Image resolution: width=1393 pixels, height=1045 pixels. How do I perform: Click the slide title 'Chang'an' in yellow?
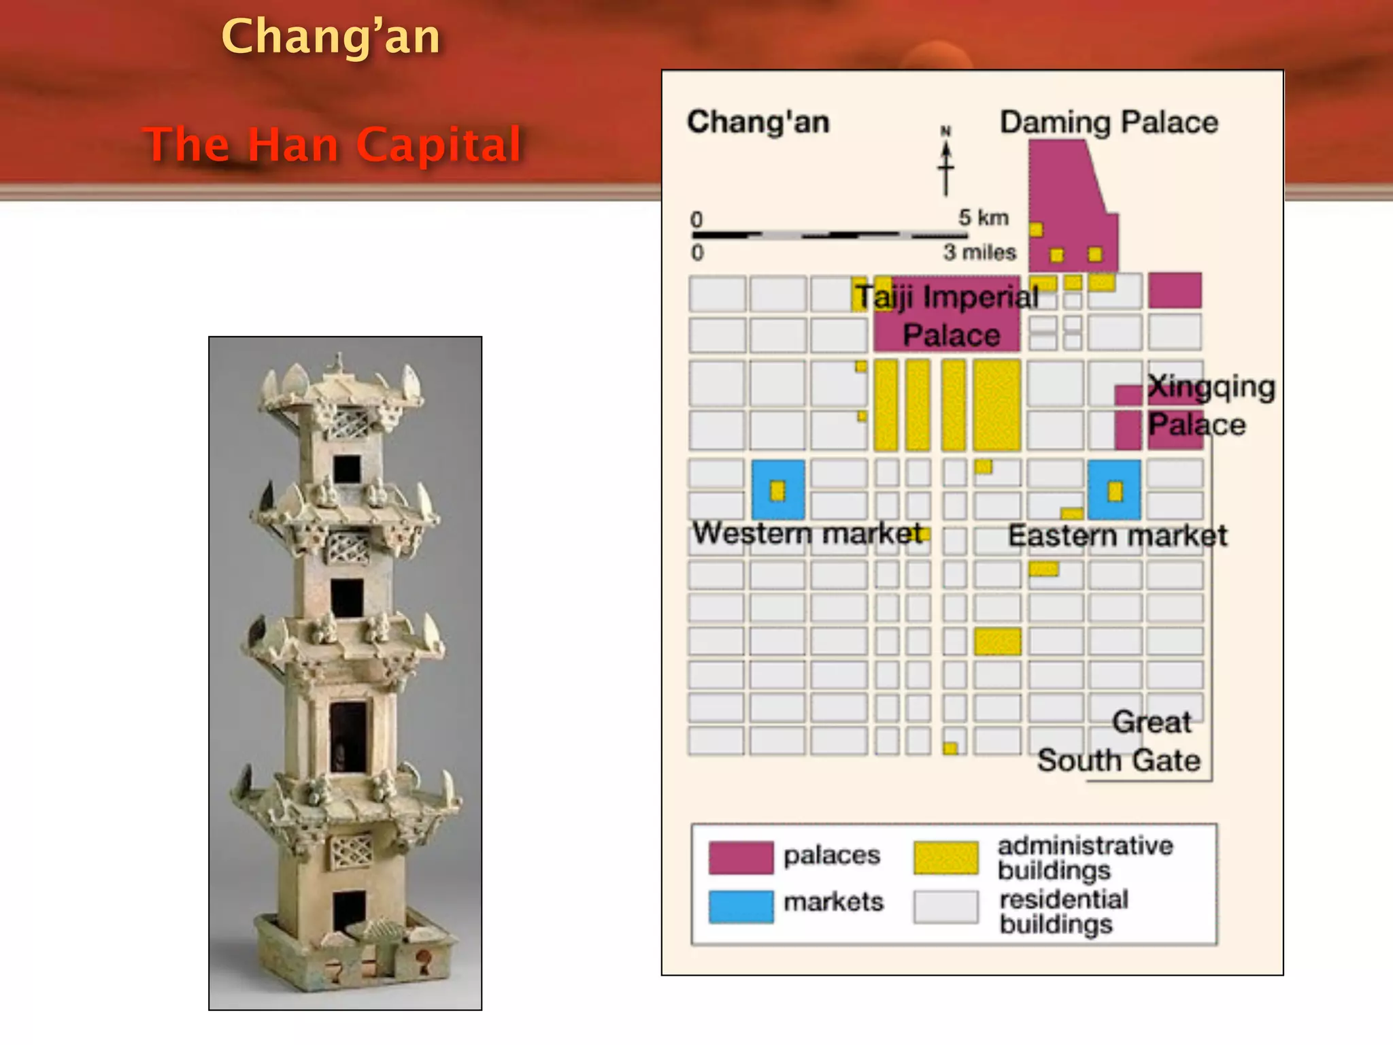point(331,37)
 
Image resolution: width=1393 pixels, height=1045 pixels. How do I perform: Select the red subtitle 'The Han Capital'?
point(333,144)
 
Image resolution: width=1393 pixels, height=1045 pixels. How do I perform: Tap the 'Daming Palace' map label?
point(1109,122)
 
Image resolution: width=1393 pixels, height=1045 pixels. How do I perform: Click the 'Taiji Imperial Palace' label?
point(947,316)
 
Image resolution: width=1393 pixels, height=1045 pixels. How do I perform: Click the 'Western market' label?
point(807,533)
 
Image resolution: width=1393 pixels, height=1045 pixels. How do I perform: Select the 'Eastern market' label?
point(1117,535)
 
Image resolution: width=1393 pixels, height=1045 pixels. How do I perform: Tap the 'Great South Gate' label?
point(1129,742)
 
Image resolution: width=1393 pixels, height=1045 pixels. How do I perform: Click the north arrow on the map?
point(945,163)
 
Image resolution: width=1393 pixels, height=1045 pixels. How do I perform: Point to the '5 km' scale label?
point(983,218)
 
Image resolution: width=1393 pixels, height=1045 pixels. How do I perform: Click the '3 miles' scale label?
point(979,252)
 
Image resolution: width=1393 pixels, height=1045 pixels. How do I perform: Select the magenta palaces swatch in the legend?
point(741,857)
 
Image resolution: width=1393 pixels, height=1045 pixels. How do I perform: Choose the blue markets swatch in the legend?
point(741,906)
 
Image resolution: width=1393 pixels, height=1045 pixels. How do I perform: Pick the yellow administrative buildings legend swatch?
point(946,857)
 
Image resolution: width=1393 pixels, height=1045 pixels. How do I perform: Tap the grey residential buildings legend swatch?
point(946,906)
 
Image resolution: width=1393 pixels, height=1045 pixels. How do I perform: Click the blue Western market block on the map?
point(778,490)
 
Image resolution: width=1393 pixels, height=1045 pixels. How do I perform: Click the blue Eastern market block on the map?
point(1114,490)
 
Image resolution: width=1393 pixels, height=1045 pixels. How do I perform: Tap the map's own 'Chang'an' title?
point(758,122)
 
